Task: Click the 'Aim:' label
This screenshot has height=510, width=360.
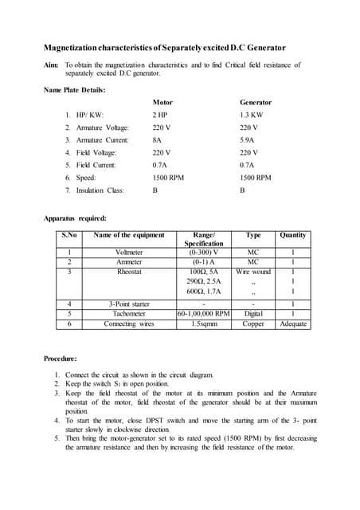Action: coord(51,65)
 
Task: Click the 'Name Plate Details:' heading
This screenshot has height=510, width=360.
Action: coord(74,89)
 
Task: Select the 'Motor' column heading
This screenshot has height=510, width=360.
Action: coord(162,103)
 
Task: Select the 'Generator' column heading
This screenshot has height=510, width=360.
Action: coord(256,103)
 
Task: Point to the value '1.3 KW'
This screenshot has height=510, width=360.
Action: coord(251,115)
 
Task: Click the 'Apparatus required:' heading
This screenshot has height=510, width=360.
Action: coord(74,218)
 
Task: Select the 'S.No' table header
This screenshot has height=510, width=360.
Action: coord(69,235)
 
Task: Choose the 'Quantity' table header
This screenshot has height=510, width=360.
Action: coord(292,235)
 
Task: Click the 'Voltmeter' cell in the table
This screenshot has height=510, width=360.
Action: coord(129,253)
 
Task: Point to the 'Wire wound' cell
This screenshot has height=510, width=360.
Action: coord(253,272)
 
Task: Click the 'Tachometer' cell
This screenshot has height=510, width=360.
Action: coord(129,314)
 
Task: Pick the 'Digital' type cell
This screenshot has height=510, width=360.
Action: coord(253,314)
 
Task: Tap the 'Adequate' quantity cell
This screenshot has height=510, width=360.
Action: coord(292,324)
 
